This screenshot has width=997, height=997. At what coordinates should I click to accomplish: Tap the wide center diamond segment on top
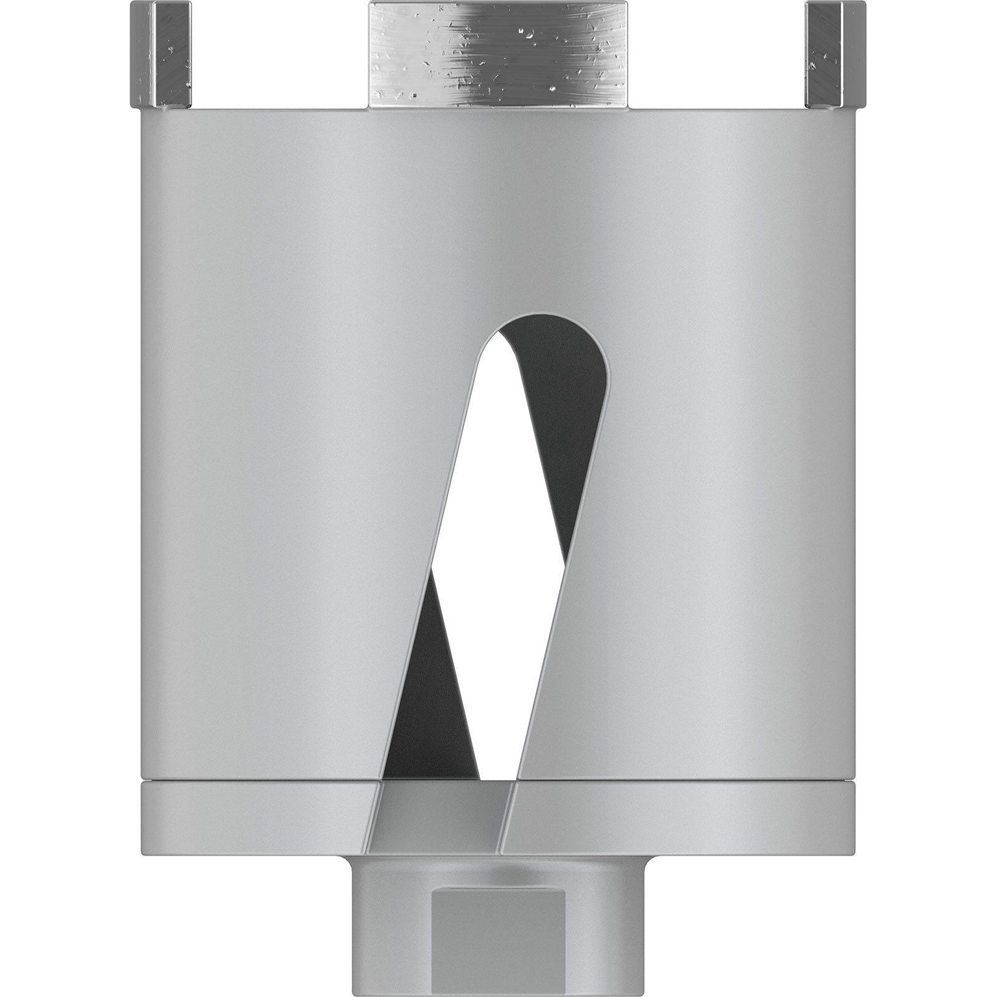[499, 54]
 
